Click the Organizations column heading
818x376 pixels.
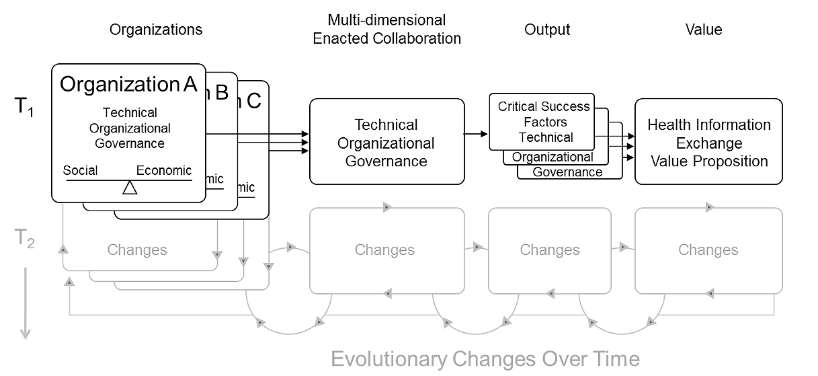pos(155,30)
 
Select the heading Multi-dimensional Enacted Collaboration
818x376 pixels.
pos(386,29)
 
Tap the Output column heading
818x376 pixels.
pos(546,30)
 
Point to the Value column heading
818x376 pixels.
pos(703,30)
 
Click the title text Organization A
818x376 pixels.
pos(128,84)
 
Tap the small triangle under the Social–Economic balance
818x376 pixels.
pos(130,188)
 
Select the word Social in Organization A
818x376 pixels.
pos(80,170)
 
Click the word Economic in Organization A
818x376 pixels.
pos(164,170)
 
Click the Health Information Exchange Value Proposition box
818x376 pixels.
pos(708,143)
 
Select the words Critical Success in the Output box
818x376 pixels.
pos(544,106)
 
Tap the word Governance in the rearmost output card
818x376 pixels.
pos(567,172)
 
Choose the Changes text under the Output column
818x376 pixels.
pos(549,250)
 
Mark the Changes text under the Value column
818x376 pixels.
pos(708,250)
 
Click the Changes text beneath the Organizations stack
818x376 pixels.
pos(137,250)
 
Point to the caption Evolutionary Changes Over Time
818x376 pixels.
pos(485,359)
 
